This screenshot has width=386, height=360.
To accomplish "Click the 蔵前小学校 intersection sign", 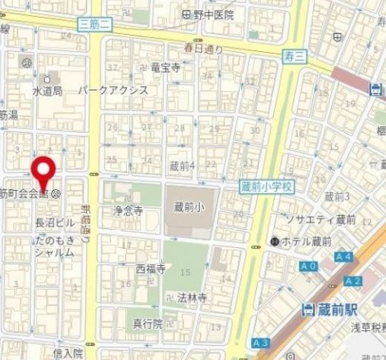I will click(266, 189).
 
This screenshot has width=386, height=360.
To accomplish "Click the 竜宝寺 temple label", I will click(165, 68).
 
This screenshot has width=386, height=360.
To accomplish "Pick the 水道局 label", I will click(46, 91).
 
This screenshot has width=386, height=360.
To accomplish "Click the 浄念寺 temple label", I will click(128, 211).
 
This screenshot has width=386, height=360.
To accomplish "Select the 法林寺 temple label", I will click(192, 297).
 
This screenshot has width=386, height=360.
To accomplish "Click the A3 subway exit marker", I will click(261, 343).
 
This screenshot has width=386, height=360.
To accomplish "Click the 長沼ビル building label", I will click(55, 222).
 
